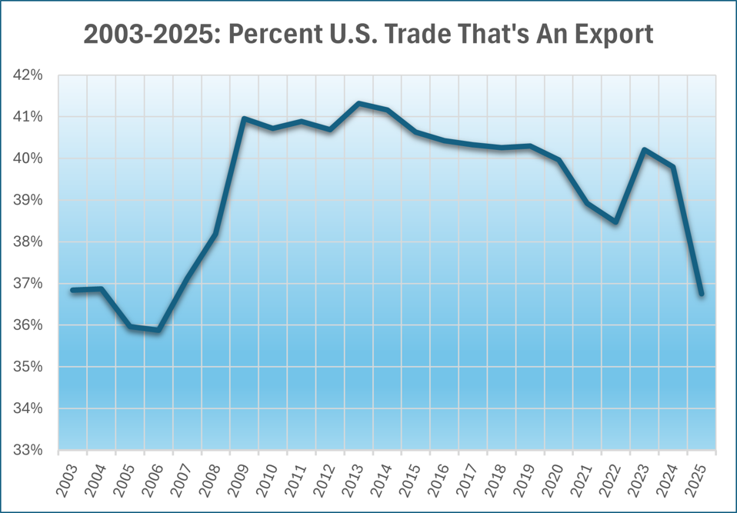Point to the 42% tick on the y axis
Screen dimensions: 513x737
click(28, 75)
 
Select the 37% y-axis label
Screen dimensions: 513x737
click(28, 284)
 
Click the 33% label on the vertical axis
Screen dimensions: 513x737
click(28, 450)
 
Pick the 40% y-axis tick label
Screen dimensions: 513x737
click(28, 158)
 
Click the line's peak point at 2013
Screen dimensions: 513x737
click(358, 103)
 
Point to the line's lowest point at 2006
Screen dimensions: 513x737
click(158, 330)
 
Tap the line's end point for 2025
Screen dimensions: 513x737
click(702, 294)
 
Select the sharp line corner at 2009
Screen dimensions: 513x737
click(244, 118)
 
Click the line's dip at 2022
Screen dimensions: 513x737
click(615, 222)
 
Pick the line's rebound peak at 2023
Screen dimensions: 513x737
click(645, 150)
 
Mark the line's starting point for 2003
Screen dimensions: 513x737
click(72, 290)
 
